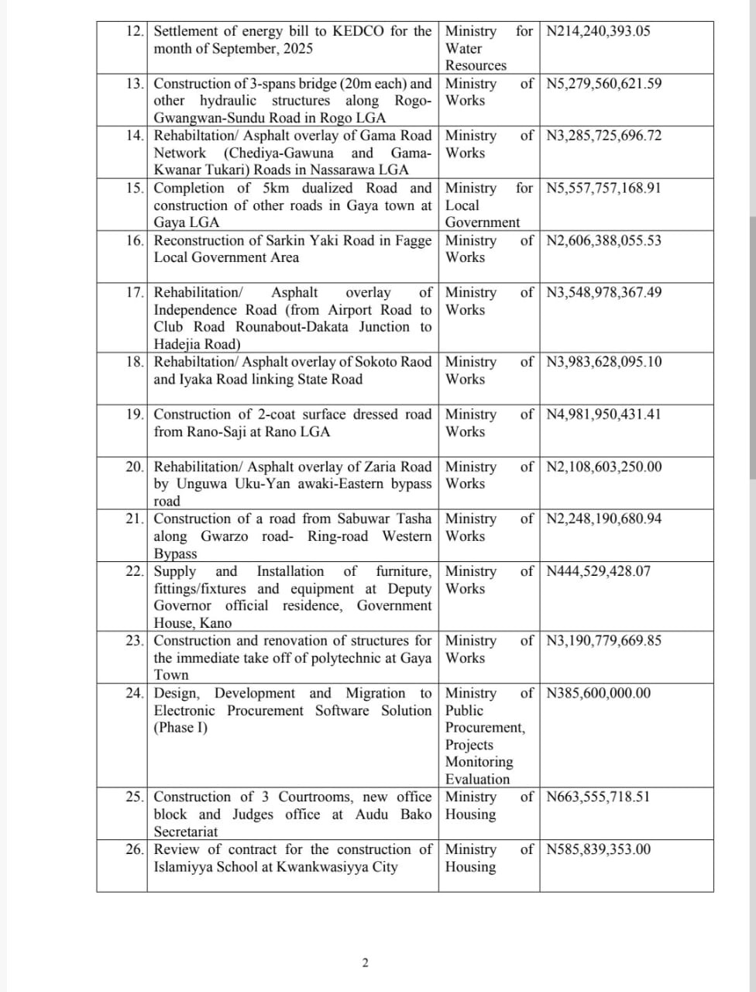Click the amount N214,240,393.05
tap(598, 32)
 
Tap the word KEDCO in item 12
tap(359, 32)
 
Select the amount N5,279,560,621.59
tap(603, 84)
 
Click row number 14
tap(135, 136)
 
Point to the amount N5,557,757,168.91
tap(603, 188)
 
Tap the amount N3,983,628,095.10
tap(603, 362)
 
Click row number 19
tap(135, 415)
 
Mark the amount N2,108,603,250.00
tap(603, 467)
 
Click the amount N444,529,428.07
tap(598, 571)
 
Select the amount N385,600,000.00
tap(598, 693)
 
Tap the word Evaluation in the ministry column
tap(478, 780)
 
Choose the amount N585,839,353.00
tap(598, 849)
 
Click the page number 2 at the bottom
tap(366, 963)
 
